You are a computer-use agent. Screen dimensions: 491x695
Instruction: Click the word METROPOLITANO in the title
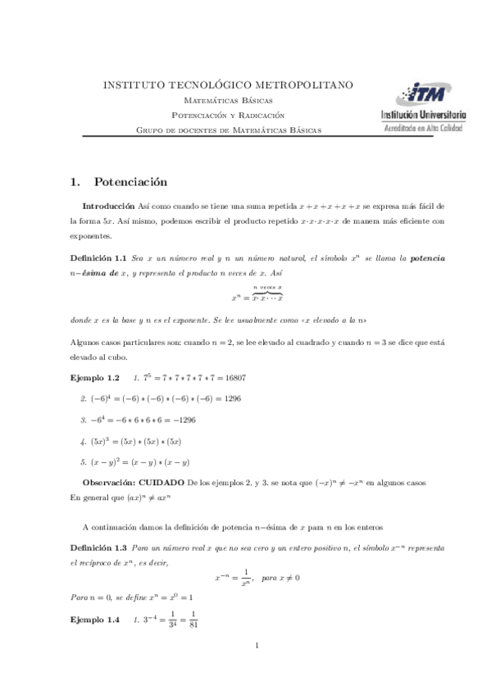point(302,84)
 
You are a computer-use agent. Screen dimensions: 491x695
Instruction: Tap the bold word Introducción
point(110,206)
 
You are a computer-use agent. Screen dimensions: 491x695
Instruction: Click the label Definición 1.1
point(97,258)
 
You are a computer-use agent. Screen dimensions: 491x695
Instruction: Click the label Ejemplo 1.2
point(95,378)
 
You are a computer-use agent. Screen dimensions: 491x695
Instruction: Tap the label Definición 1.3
point(97,546)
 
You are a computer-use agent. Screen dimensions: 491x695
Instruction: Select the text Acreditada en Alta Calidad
point(423,129)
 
